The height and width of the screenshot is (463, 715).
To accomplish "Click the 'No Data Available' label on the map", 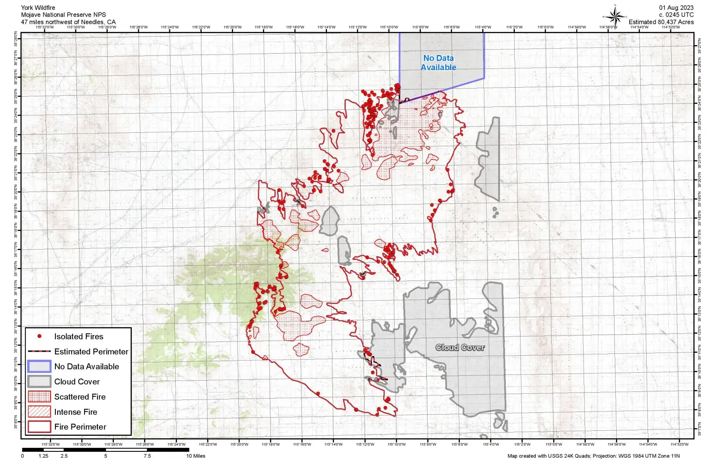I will [x=438, y=63].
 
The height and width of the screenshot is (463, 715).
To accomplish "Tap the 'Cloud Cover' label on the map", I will [x=460, y=348].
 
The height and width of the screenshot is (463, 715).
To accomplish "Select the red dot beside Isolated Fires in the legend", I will [x=39, y=336].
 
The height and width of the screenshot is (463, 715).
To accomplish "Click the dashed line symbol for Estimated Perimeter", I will [x=39, y=352].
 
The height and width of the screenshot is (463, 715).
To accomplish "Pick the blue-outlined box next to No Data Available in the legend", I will [x=39, y=366].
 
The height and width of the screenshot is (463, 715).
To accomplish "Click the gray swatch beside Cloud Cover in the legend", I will [x=39, y=382].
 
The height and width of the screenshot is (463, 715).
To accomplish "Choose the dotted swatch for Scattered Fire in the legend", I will [x=39, y=397].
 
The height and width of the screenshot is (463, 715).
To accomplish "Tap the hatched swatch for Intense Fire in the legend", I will [x=39, y=412].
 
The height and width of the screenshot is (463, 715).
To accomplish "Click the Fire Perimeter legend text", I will [x=80, y=427].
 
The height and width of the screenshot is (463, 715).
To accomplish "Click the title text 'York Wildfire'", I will [x=38, y=8].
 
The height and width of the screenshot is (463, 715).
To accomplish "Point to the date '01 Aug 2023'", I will [x=676, y=8].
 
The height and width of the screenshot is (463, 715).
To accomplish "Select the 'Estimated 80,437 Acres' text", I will [x=661, y=22].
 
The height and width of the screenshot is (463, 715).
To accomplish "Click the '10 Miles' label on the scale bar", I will [x=196, y=456].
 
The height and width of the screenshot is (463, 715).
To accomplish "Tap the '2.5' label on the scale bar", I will [x=64, y=456].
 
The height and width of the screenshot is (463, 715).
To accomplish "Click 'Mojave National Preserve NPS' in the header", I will [x=63, y=15].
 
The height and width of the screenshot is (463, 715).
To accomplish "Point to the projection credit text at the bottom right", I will [x=593, y=456].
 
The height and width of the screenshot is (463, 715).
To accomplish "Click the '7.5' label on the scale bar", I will [x=147, y=456].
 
